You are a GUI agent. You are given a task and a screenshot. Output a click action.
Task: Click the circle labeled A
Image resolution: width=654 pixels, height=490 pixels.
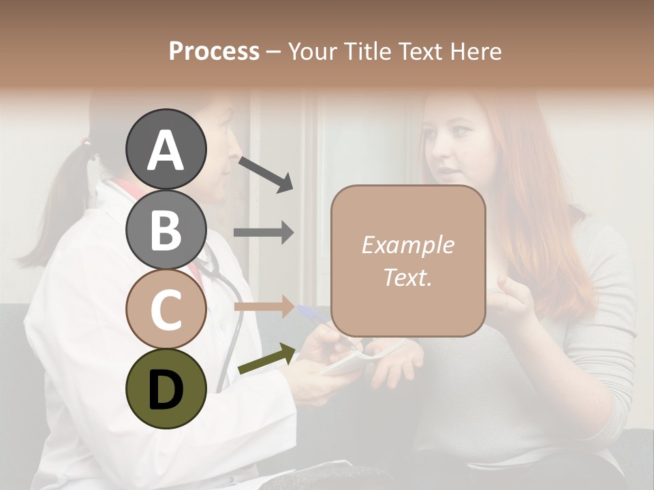166,149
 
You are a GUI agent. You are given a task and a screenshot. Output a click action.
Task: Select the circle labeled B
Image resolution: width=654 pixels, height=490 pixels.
166,229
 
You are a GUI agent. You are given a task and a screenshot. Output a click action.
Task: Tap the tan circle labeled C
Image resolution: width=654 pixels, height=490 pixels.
166,309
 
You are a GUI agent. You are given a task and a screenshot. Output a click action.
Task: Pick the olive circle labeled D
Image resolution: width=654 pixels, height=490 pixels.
166,389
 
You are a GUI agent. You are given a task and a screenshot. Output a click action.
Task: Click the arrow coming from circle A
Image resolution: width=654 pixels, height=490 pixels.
265,173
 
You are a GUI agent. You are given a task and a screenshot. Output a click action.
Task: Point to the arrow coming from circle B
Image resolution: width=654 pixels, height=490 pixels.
264,233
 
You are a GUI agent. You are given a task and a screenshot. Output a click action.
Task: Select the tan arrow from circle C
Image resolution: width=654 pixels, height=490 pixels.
264,306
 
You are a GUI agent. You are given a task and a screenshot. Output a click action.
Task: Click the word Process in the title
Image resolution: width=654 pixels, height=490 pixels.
214,51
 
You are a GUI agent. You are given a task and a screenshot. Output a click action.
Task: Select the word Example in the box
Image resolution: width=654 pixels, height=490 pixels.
407,245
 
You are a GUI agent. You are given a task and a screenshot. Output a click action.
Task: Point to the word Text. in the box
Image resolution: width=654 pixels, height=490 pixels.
407,277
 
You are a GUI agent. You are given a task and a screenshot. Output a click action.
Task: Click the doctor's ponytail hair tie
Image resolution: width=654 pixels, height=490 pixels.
85,142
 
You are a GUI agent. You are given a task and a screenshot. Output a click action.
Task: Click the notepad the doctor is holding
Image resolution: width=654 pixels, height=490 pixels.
351,361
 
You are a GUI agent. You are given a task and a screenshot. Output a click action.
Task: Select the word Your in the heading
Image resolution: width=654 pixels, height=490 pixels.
311,51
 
